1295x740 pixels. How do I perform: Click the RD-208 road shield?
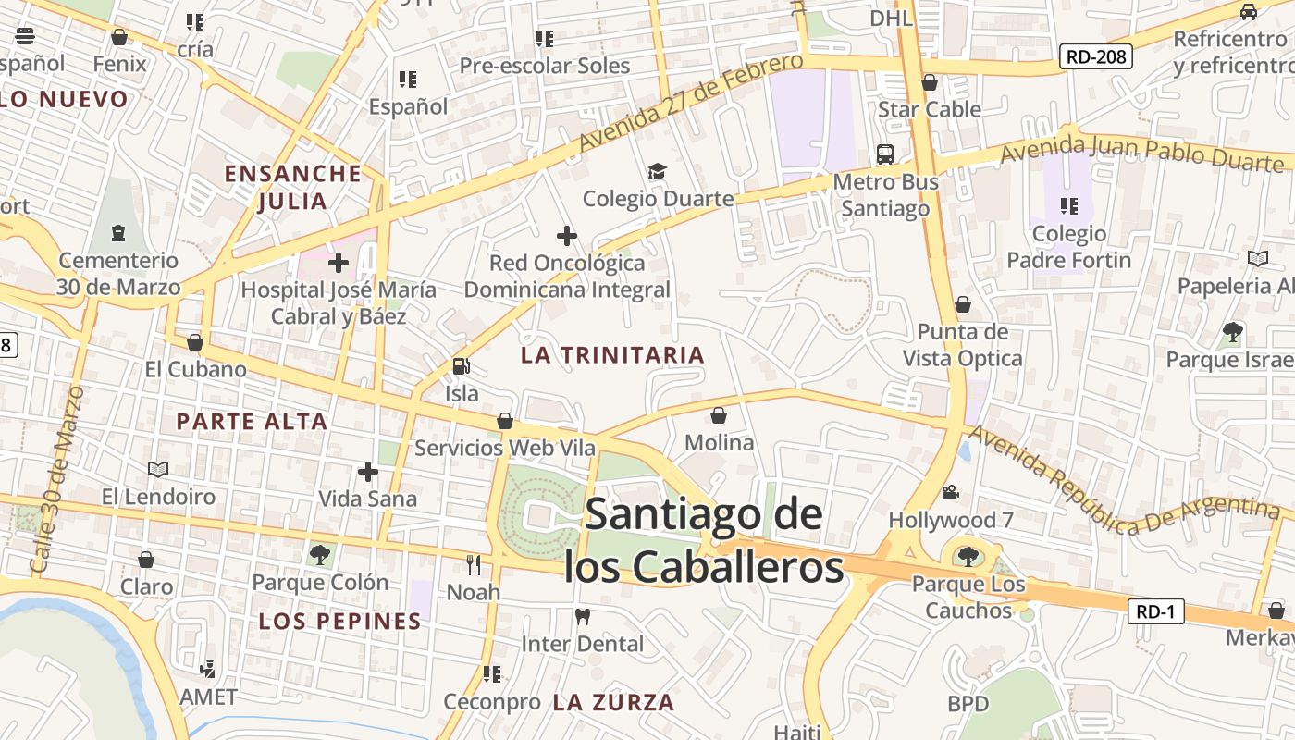coord(1096,57)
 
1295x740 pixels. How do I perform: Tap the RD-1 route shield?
coord(1156,610)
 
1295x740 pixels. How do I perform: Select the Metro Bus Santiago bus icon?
coord(885,154)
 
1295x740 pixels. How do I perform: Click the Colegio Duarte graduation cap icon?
coord(657,172)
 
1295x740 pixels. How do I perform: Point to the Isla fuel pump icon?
coord(461,366)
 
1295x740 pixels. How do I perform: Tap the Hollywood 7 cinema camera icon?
coord(950,493)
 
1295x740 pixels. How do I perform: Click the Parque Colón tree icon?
coord(320,555)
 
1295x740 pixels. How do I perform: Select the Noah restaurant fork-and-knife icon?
coord(474,564)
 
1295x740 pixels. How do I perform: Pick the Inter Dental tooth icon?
coord(583,616)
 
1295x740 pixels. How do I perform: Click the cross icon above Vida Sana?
coord(368,472)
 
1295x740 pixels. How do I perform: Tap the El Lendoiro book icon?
coord(158,469)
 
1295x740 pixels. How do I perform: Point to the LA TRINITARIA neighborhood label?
coord(612,355)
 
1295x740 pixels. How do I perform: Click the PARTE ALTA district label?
coord(252,422)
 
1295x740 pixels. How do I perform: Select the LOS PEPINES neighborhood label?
coord(340,622)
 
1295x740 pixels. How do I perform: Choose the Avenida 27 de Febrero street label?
coord(691,102)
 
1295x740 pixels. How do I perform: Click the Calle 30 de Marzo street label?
coord(57,481)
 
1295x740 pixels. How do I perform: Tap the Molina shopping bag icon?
coord(719,416)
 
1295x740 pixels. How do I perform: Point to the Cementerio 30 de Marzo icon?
coord(117,233)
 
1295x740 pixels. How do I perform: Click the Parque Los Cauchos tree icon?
coord(968,556)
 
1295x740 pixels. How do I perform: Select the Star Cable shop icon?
coord(930,83)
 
